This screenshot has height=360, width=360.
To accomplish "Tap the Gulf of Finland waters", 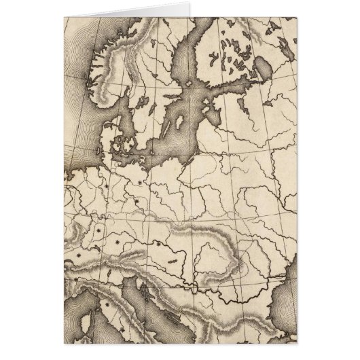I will pos(224,84).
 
